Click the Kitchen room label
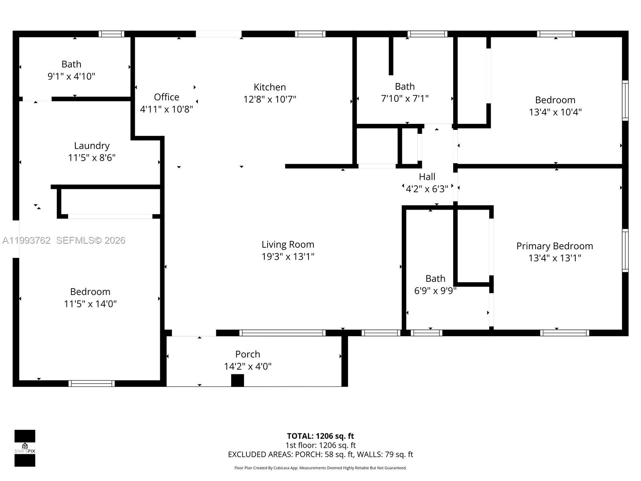pyautogui.click(x=270, y=87)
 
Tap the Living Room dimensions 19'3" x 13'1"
pyautogui.click(x=288, y=257)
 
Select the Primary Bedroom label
pyautogui.click(x=554, y=246)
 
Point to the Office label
pyautogui.click(x=166, y=97)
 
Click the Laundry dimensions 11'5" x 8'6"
pyautogui.click(x=92, y=158)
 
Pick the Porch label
pyautogui.click(x=248, y=354)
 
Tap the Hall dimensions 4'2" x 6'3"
pyautogui.click(x=427, y=189)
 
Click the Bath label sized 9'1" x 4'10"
pyautogui.click(x=71, y=64)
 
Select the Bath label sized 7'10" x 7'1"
pyautogui.click(x=405, y=87)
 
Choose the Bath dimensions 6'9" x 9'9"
pyautogui.click(x=435, y=291)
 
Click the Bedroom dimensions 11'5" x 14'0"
pyautogui.click(x=90, y=304)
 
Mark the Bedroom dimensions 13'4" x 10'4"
pyautogui.click(x=555, y=112)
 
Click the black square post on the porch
pyautogui.click(x=238, y=380)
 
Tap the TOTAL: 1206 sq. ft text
pyautogui.click(x=320, y=436)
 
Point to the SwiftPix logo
pyautogui.click(x=25, y=448)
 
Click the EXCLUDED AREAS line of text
pyautogui.click(x=320, y=454)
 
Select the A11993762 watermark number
pyautogui.click(x=26, y=240)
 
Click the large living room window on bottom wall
pyautogui.click(x=282, y=333)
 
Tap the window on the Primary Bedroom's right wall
pyautogui.click(x=625, y=251)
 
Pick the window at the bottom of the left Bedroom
pyautogui.click(x=91, y=384)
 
